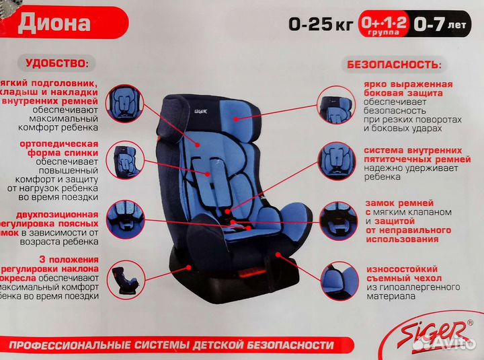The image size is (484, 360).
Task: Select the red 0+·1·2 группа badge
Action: click(x=383, y=24)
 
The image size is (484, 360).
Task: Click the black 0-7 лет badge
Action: click(x=441, y=24)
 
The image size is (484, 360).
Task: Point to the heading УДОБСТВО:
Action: click(x=56, y=64)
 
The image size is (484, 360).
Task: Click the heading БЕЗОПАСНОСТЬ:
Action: click(x=394, y=65)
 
